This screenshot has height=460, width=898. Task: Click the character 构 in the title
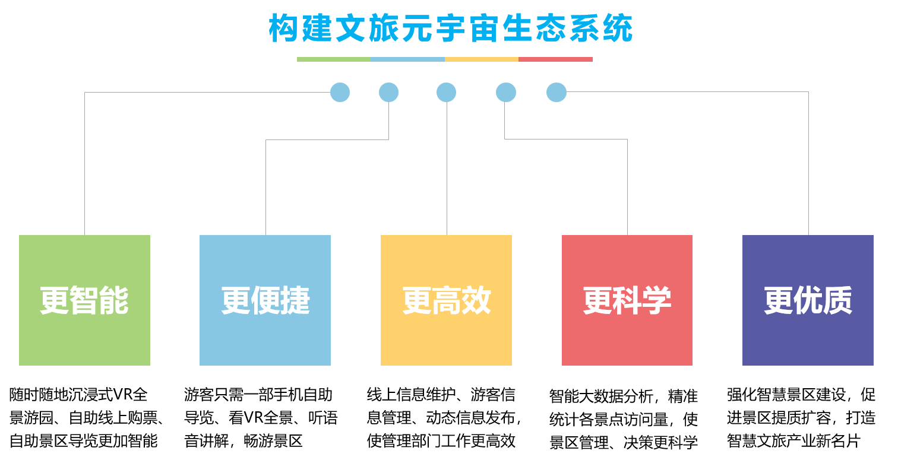pyautogui.click(x=283, y=28)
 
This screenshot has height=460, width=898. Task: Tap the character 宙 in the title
pyautogui.click(x=484, y=28)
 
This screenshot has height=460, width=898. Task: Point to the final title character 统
pyautogui.click(x=618, y=28)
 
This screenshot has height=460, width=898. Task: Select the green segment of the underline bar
pyautogui.click(x=333, y=59)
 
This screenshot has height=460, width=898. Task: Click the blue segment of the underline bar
pyautogui.click(x=407, y=59)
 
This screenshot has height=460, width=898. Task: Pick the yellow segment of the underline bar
pyautogui.click(x=481, y=59)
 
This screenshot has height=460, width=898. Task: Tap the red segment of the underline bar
pyautogui.click(x=555, y=59)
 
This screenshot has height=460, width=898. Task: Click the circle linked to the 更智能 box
pyautogui.click(x=340, y=92)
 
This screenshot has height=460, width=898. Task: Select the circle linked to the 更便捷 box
pyautogui.click(x=388, y=92)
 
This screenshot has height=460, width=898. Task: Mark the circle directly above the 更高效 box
pyautogui.click(x=446, y=92)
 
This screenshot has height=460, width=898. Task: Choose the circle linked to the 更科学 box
pyautogui.click(x=505, y=92)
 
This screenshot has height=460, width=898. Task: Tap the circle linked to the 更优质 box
pyautogui.click(x=556, y=92)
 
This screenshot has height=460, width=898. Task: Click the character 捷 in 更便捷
pyautogui.click(x=295, y=300)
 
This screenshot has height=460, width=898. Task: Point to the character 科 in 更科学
pyautogui.click(x=627, y=300)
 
